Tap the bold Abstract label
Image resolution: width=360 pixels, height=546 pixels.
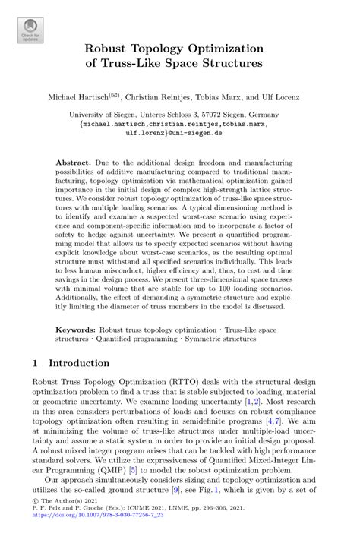[x=74, y=164]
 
